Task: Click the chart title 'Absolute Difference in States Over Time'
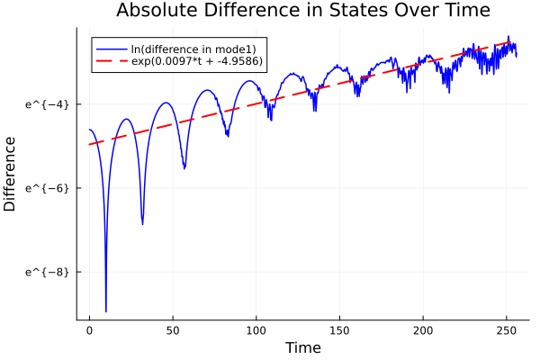(x=302, y=12)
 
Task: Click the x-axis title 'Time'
(x=302, y=347)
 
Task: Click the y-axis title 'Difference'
(x=11, y=174)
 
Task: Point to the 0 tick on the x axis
(x=89, y=331)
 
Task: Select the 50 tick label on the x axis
(x=173, y=331)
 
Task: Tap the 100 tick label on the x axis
(x=256, y=331)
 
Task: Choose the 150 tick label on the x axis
(x=340, y=331)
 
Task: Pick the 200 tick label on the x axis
(x=423, y=331)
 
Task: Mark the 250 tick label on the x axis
(x=507, y=331)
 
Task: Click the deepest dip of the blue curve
(x=106, y=310)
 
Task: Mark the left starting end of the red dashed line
(x=89, y=144)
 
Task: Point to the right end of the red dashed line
(x=517, y=41)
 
